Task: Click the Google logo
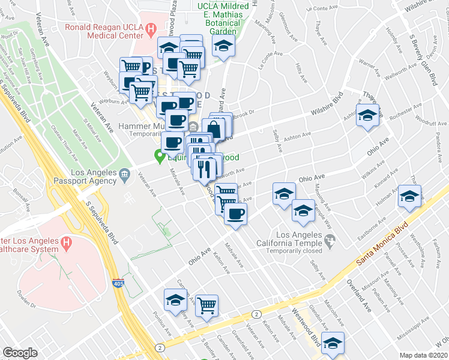pyautogui.click(x=20, y=353)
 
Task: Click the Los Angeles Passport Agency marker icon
pyautogui.click(x=124, y=175)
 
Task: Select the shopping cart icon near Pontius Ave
pyautogui.click(x=207, y=304)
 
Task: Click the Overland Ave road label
pyautogui.click(x=360, y=296)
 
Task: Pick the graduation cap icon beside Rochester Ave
pyautogui.click(x=367, y=115)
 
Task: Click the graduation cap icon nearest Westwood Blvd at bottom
pyautogui.click(x=332, y=343)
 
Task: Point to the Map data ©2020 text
pyautogui.click(x=424, y=355)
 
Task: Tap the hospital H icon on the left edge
pyautogui.click(x=67, y=244)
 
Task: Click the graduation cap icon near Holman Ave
pyautogui.click(x=410, y=196)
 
